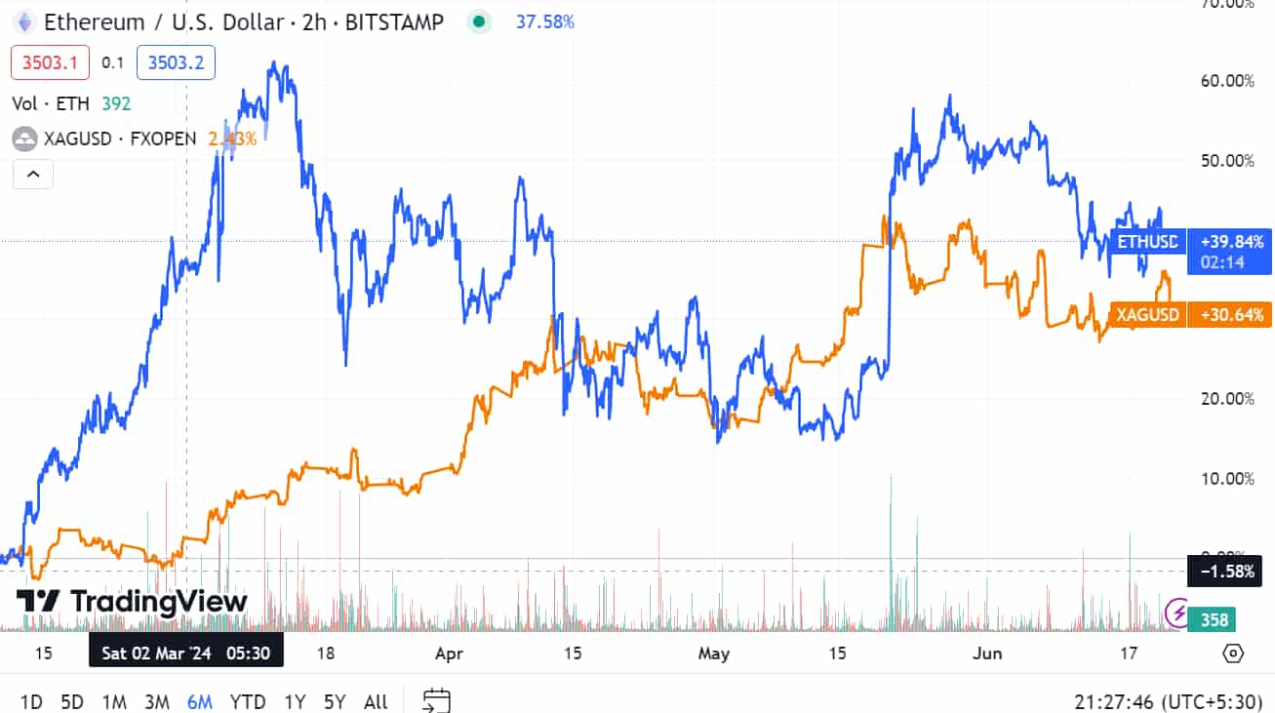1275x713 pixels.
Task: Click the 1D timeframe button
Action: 31,701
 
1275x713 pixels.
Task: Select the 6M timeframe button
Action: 199,701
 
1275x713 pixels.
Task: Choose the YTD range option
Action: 248,701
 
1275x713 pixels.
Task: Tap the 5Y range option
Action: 335,701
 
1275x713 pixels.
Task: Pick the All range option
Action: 376,701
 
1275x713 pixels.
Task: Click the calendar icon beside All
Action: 436,700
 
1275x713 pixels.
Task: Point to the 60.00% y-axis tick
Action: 1227,81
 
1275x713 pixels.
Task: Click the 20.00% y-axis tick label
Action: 1227,398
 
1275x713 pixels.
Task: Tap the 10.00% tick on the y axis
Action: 1227,478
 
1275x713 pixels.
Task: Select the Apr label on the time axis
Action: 449,654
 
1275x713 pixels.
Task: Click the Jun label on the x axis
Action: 987,654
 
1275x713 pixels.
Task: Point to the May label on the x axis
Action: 714,654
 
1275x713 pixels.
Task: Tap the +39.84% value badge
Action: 1230,241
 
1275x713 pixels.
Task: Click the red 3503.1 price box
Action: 50,62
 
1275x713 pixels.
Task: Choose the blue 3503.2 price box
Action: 176,62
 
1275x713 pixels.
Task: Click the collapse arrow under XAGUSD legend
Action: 33,175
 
